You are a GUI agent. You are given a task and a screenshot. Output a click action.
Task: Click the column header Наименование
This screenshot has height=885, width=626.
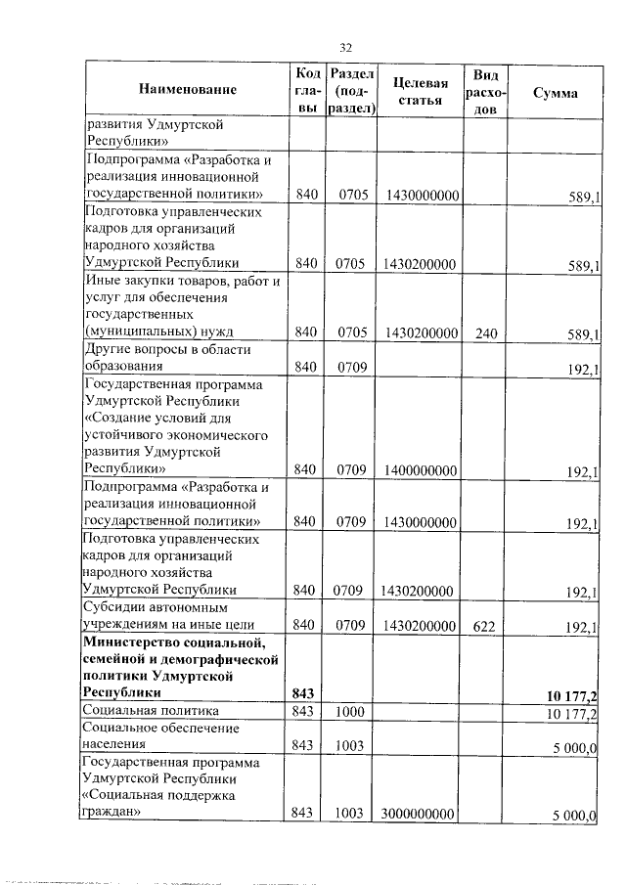click(188, 91)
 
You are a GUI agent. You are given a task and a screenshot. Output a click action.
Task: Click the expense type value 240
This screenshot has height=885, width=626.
click(486, 333)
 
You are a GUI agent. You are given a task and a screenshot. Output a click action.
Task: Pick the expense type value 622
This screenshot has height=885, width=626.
click(486, 625)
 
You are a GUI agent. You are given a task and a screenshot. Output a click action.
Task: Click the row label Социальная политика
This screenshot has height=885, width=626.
click(151, 711)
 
